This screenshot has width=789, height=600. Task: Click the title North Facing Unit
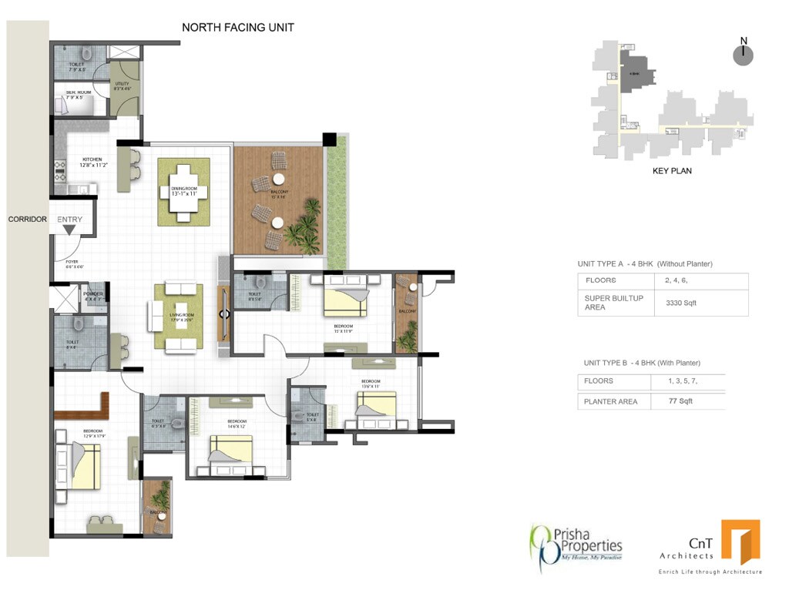[x=237, y=28]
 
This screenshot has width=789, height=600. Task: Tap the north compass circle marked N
[x=743, y=55]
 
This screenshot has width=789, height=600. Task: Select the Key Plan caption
[x=672, y=171]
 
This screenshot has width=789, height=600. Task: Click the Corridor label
[x=27, y=220]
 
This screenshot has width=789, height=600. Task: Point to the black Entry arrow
[x=69, y=230]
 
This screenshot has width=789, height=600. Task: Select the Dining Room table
[x=183, y=192]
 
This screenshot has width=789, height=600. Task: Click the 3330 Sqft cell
[x=680, y=303]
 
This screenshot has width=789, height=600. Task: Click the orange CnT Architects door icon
[x=740, y=541]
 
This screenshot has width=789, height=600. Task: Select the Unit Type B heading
[x=642, y=363]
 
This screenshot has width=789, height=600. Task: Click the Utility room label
[x=122, y=86]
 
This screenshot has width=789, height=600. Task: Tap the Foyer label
[x=74, y=264]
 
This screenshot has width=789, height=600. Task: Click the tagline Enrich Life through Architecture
[x=709, y=572]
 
